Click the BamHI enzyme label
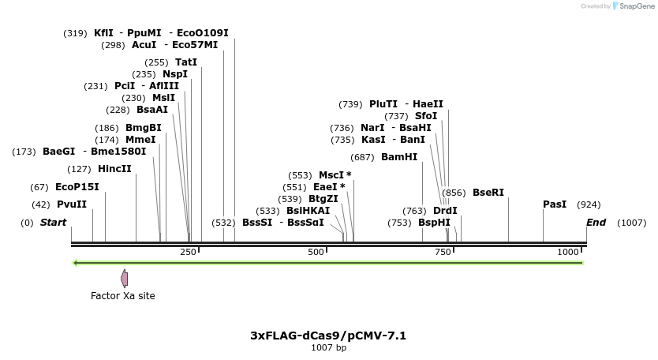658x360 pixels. [399, 157]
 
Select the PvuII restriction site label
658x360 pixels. [72, 204]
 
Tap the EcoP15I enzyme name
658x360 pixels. [77, 187]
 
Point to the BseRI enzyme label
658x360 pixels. [488, 193]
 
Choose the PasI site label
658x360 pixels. [555, 204]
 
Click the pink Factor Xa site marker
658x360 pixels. [124, 278]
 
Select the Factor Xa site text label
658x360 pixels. [123, 296]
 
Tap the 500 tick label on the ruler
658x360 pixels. [316, 252]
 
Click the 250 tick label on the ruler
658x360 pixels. [188, 252]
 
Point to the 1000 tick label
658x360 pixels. [568, 252]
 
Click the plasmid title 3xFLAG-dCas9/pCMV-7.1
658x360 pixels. [328, 336]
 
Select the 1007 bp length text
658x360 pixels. [328, 347]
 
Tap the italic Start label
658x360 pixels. [53, 223]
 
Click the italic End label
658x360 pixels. [596, 223]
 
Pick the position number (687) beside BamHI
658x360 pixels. [362, 157]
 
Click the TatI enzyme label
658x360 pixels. [186, 62]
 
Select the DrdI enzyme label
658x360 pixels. [445, 211]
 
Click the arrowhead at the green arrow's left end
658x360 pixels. [75, 263]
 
